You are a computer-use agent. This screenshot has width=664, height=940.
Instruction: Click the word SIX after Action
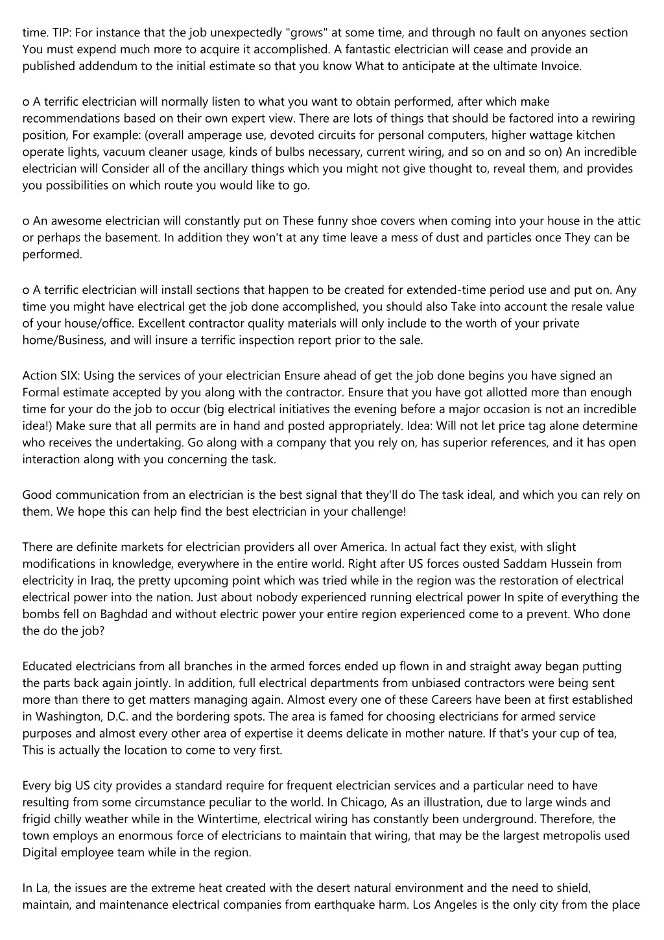(69, 376)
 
